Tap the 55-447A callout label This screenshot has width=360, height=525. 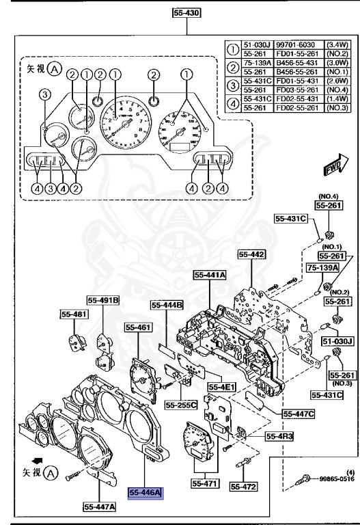[x=100, y=507]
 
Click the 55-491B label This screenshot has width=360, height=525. [x=102, y=299]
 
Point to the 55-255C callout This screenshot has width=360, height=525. [x=181, y=405]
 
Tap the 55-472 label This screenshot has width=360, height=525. [x=243, y=487]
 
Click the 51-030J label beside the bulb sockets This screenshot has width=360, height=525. [x=336, y=340]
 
